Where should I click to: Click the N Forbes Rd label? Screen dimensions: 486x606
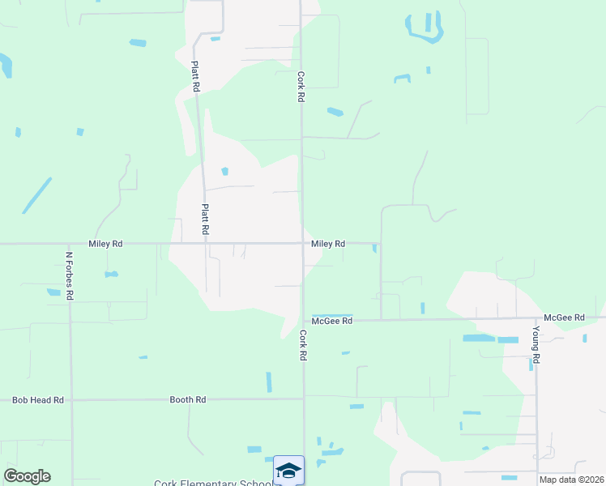[x=70, y=275]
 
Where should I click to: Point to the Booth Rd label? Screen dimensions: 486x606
[x=188, y=400]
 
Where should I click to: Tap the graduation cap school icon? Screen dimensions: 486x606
[x=288, y=470]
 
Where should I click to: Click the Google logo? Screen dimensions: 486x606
[x=27, y=476]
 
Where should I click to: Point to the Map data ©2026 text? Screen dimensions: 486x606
[x=571, y=480]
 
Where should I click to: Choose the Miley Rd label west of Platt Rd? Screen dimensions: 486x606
[x=105, y=243]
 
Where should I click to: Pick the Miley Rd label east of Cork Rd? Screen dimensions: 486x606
[x=328, y=243]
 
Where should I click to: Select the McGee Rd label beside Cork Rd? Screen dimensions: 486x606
[x=332, y=321]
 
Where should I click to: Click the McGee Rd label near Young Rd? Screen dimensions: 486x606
[x=564, y=318]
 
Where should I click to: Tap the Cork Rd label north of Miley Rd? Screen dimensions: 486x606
[x=301, y=87]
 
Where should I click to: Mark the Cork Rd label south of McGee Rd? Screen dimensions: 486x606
[x=303, y=345]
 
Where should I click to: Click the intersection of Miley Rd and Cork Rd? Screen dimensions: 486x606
[x=303, y=243]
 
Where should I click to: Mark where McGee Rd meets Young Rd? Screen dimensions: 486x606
[x=536, y=318]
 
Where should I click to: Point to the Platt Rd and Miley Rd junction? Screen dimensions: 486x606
[x=203, y=243]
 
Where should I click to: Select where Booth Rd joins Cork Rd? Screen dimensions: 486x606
[x=304, y=399]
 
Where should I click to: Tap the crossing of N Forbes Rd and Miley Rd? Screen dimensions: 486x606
[x=70, y=243]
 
